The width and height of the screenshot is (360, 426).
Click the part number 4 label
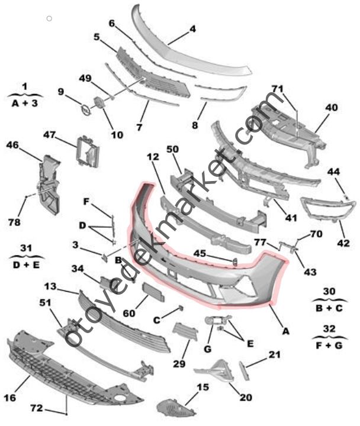point(192,28)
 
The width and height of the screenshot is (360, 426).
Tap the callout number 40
point(332,108)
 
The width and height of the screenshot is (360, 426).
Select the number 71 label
point(278,89)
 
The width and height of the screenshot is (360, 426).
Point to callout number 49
point(85,79)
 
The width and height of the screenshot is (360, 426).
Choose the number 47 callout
point(49,134)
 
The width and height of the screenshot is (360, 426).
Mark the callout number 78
point(14,222)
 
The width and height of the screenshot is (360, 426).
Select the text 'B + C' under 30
point(329,308)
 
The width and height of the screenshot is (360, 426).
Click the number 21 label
point(274,354)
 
